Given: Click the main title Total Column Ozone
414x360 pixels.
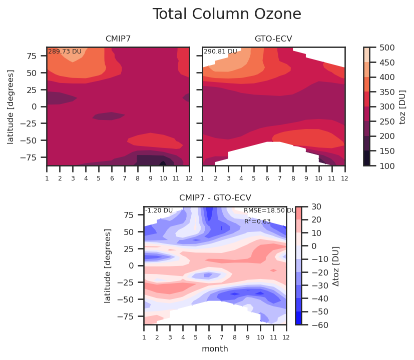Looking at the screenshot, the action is (227, 14).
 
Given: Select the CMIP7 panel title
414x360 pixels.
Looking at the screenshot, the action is (118, 39).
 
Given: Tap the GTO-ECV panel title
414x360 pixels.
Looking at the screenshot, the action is (273, 39).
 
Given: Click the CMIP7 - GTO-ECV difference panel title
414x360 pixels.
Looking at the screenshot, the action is (215, 197).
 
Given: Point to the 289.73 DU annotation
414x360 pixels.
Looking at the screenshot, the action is (65, 51).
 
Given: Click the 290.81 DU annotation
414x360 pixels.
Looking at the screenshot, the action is (220, 51).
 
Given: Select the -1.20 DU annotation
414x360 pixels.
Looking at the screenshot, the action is (159, 210).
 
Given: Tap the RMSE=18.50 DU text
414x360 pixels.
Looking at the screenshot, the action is (269, 210).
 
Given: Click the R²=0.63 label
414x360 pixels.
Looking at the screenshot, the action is (257, 221).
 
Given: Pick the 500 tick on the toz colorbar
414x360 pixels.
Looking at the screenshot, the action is (387, 47).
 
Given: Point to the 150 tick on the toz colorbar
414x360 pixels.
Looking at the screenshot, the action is (387, 151).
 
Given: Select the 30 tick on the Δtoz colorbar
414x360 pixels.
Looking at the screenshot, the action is (316, 206).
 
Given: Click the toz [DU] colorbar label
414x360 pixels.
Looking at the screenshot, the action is (402, 107).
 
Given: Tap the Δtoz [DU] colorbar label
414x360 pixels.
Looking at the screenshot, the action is (335, 266).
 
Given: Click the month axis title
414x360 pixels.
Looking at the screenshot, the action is (215, 349).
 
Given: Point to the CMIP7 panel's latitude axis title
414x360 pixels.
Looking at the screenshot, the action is (11, 107).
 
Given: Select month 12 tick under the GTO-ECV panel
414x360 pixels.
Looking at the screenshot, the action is (344, 178).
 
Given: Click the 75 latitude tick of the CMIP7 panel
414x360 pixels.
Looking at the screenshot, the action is (32, 56).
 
